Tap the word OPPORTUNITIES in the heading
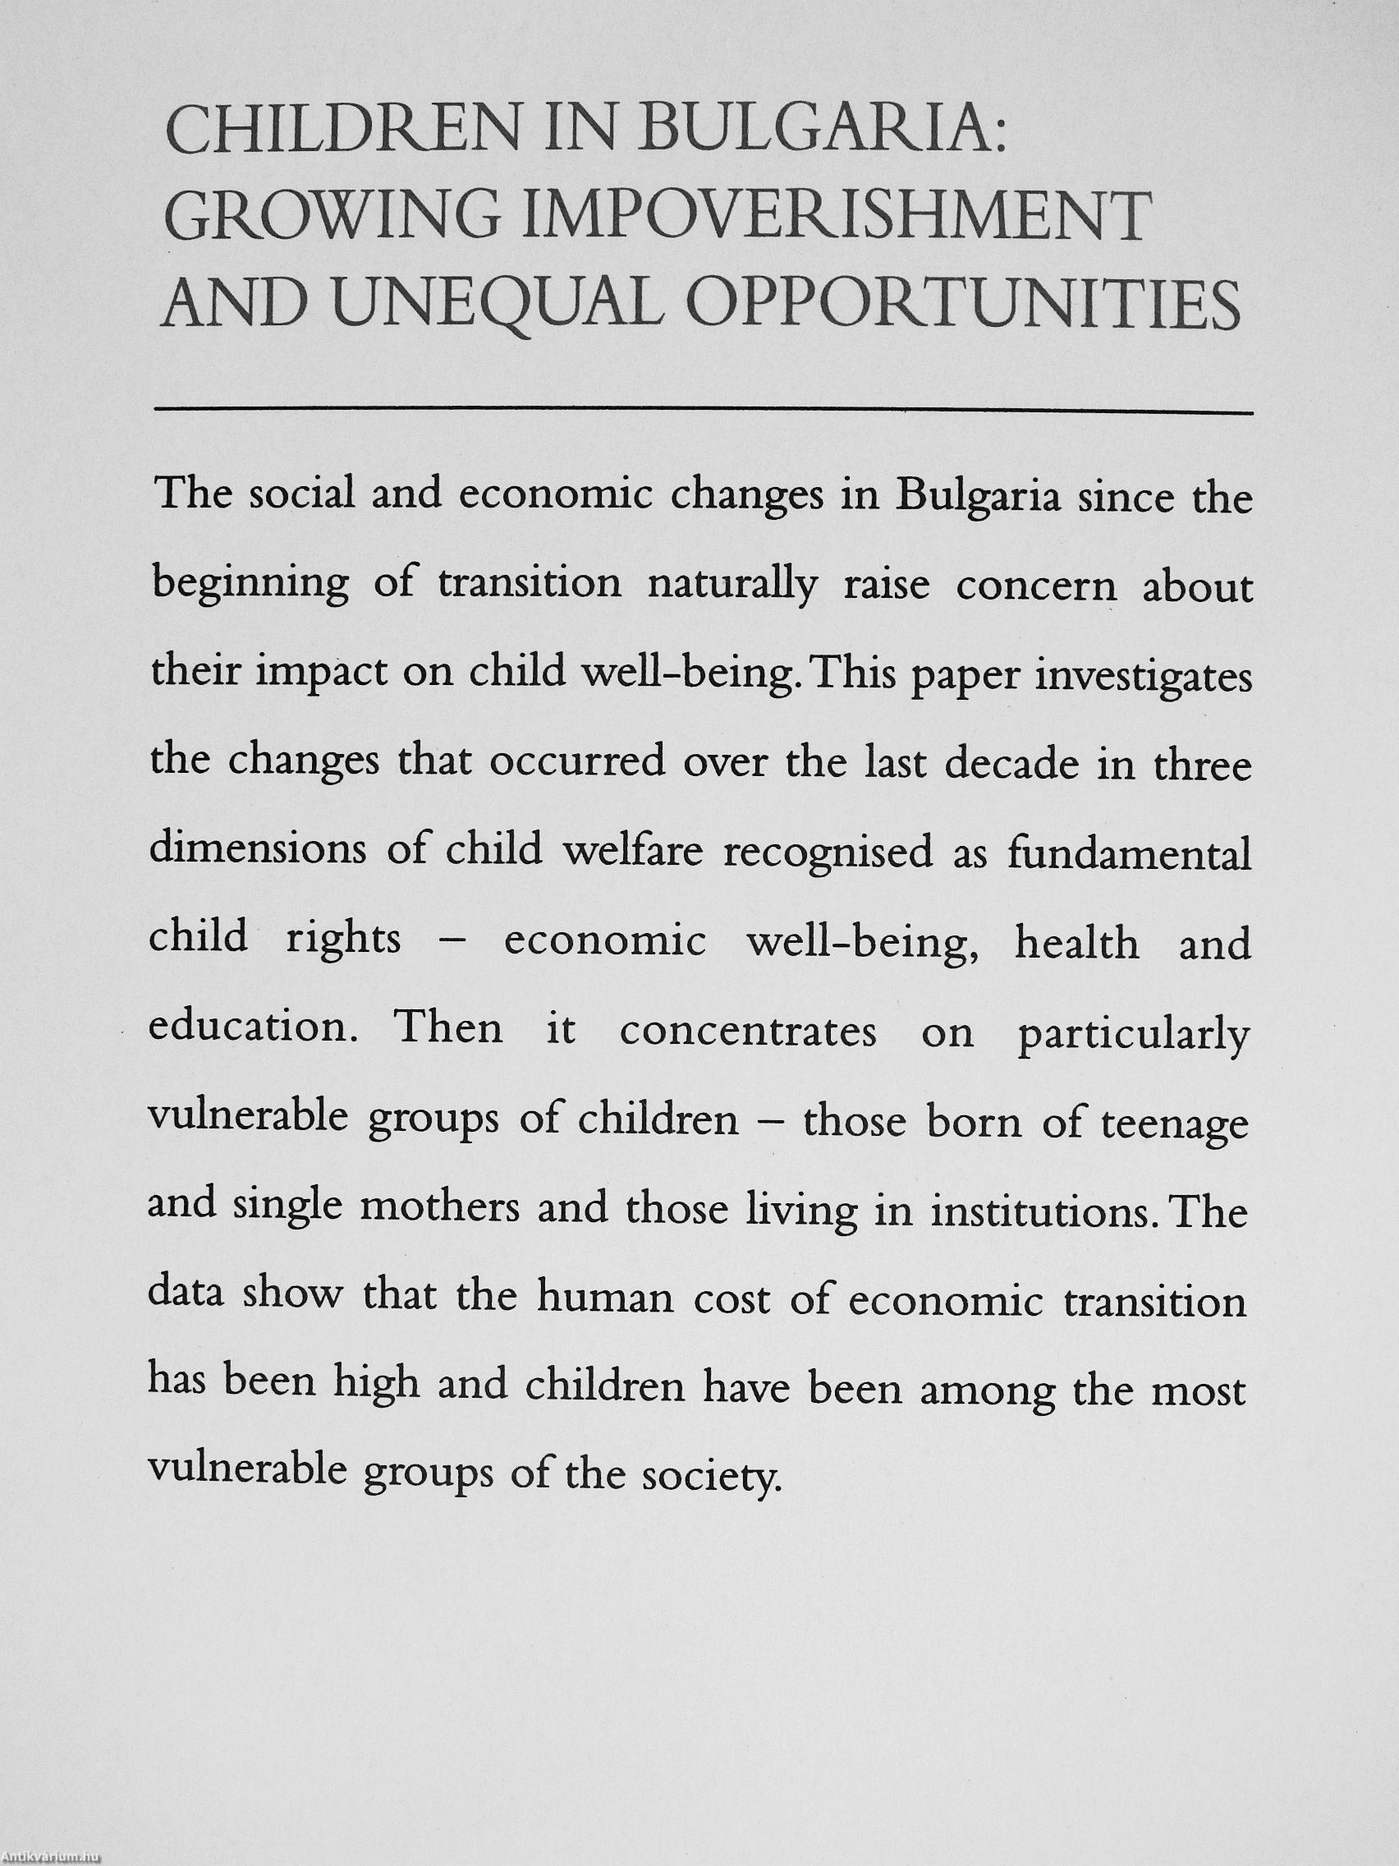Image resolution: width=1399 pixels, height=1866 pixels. click(962, 302)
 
